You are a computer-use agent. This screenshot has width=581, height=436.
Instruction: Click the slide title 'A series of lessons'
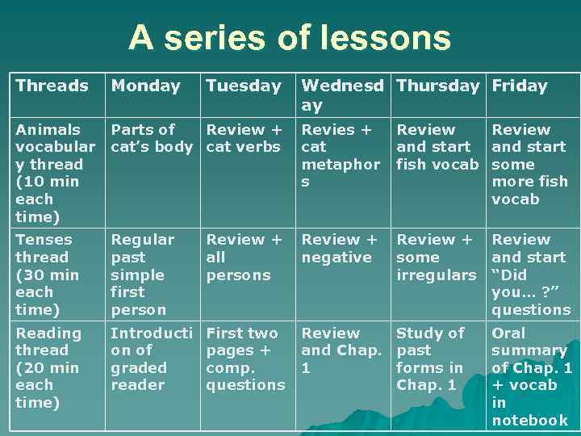coord(290,38)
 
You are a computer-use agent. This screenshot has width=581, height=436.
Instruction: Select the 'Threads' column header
coord(52,86)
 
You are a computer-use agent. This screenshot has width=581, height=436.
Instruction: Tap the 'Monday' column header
coord(145,86)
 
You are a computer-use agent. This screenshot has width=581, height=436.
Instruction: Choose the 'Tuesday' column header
coord(244,86)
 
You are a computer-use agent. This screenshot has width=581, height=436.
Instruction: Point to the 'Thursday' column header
coord(438,86)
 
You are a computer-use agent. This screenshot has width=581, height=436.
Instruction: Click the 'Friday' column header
coord(520,86)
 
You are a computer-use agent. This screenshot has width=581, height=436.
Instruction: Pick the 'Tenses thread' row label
coord(48,274)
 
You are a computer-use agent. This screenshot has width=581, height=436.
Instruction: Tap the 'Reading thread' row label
coord(48,367)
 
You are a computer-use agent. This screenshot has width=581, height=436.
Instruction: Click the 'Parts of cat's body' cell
coord(151,138)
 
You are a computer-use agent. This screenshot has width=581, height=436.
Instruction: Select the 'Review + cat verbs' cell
coord(245,138)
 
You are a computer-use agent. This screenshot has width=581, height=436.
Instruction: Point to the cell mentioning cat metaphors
coord(340,155)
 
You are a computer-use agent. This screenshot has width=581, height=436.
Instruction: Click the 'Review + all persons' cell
coord(245,257)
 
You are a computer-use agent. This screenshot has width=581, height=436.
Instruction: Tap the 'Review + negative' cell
coord(339,249)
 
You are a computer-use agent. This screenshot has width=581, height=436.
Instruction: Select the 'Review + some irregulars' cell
coord(436,257)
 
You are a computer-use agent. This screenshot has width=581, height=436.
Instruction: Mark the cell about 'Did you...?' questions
coord(530,274)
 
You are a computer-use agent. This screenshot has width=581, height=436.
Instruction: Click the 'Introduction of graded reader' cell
coord(151,358)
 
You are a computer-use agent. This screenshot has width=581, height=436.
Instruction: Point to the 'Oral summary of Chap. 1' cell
coord(531,375)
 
